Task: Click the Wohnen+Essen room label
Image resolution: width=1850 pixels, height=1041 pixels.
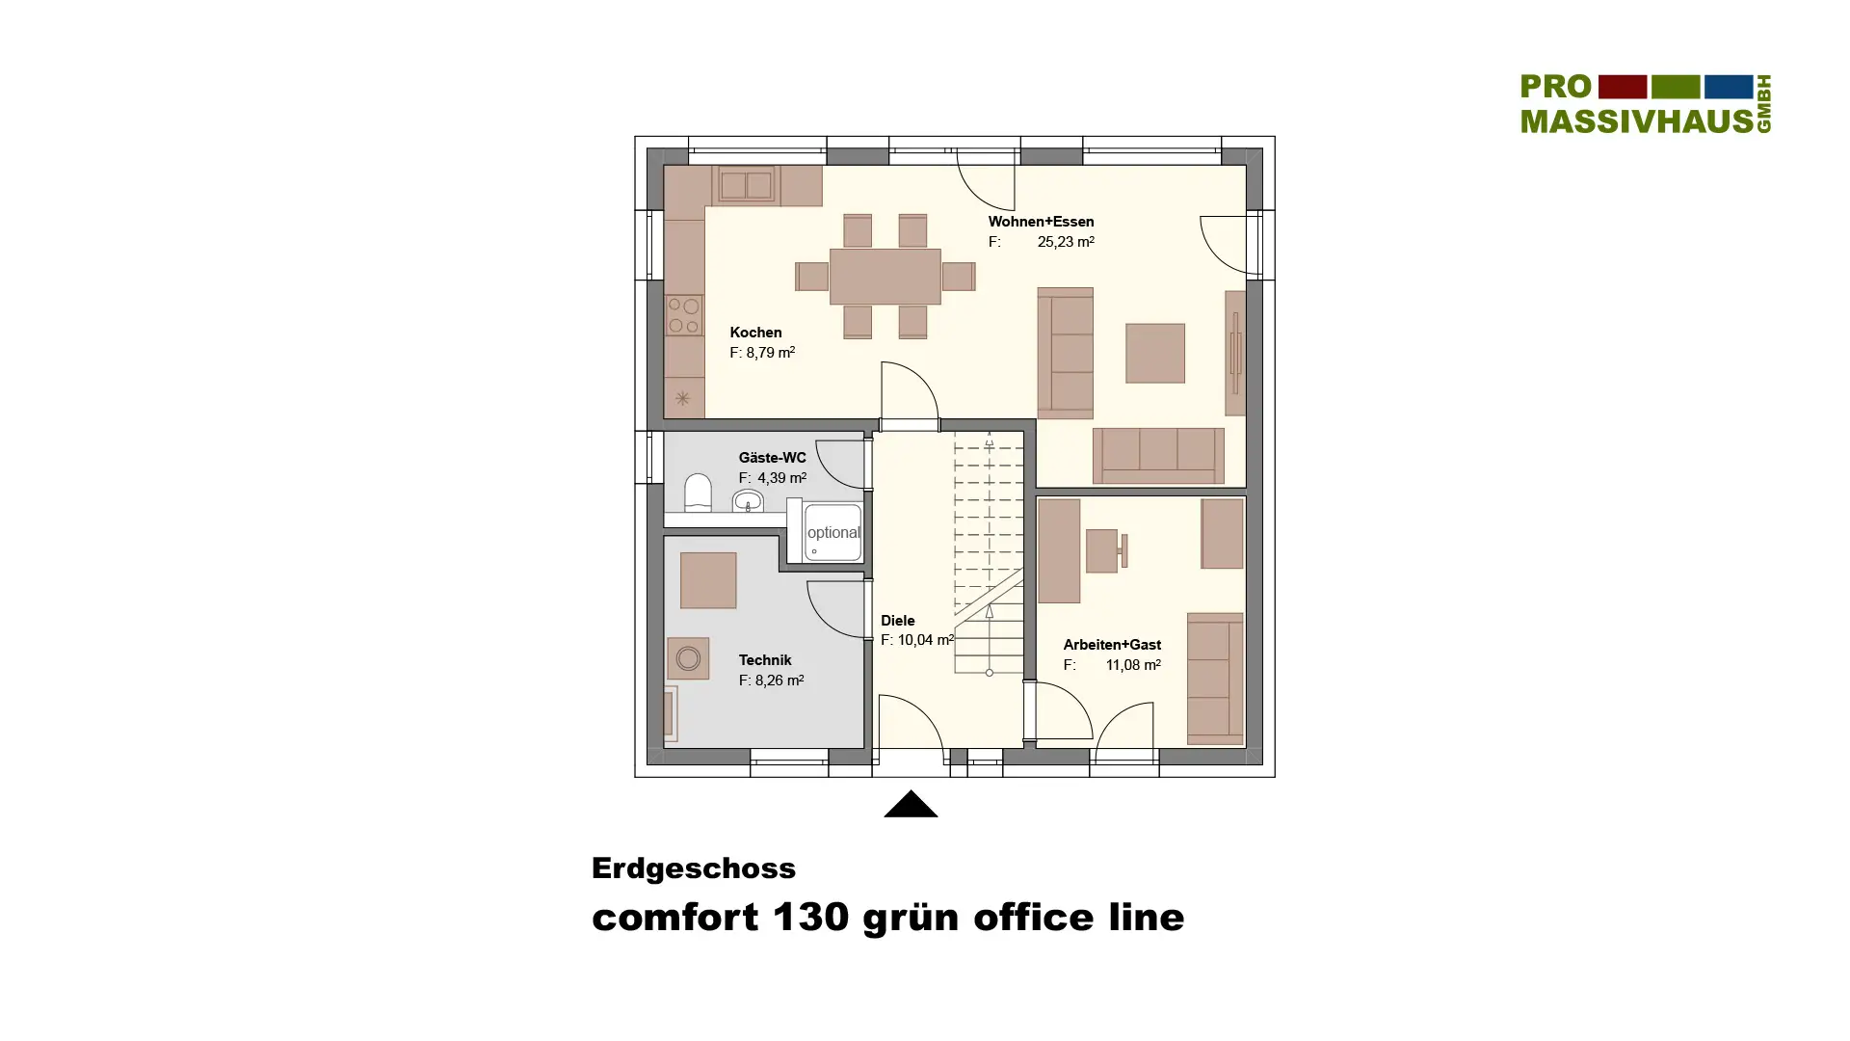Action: [1041, 222]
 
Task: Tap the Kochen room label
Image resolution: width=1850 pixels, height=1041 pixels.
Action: [755, 333]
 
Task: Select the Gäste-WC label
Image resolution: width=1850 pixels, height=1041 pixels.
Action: [772, 458]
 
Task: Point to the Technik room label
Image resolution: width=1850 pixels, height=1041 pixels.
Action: [765, 660]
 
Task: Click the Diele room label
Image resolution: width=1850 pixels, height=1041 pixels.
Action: [897, 621]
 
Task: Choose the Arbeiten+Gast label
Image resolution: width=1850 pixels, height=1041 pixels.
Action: [1112, 645]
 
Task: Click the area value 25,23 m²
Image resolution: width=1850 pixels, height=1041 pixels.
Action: [1066, 242]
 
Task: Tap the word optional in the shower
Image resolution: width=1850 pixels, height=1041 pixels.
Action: [833, 533]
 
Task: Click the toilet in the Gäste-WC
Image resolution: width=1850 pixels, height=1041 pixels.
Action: [698, 493]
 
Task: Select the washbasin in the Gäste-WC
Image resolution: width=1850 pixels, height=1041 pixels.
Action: [748, 501]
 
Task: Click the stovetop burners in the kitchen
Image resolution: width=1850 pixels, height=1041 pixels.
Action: [684, 316]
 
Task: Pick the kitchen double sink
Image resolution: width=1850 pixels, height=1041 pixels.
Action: [746, 185]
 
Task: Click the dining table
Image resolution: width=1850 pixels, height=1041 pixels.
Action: [885, 277]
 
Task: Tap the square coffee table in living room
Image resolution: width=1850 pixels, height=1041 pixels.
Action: [1155, 353]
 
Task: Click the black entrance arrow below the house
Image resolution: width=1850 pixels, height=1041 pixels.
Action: [911, 804]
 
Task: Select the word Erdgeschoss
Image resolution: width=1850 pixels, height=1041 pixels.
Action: [694, 868]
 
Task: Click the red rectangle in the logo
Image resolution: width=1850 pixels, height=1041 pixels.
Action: [1623, 87]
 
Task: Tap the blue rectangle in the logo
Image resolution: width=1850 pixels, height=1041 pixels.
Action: [1729, 87]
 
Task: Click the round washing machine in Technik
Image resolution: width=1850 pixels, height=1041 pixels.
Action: [688, 658]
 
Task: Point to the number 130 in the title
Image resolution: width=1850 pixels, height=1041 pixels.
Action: [810, 918]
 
